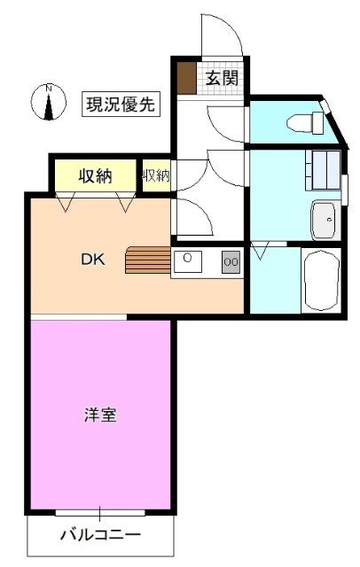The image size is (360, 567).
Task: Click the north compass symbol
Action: click(50, 102)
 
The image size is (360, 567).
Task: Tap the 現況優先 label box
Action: click(121, 104)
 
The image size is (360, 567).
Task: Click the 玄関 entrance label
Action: click(223, 78)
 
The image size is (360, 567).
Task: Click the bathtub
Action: click(321, 280)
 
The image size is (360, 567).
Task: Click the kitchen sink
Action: click(188, 261)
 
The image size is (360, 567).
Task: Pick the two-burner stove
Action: click(231, 261)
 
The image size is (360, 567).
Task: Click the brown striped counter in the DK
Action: click(147, 261)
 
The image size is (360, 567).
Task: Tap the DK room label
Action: click(93, 260)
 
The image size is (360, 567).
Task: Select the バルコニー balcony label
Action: click(100, 535)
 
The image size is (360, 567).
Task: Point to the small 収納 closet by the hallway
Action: click(155, 175)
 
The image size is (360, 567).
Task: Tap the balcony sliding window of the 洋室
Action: click(99, 512)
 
